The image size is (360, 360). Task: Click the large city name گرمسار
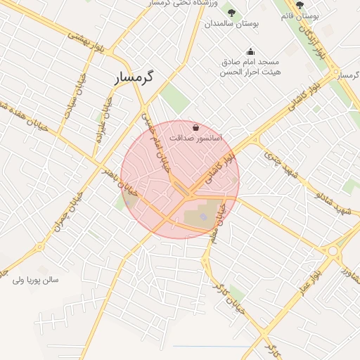[x=144, y=78]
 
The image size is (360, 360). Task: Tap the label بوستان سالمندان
[x=232, y=23]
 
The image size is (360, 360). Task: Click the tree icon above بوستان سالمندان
[x=232, y=11]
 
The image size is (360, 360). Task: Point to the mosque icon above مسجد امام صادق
[x=250, y=51]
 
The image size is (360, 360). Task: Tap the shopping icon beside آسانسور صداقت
[x=195, y=128]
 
